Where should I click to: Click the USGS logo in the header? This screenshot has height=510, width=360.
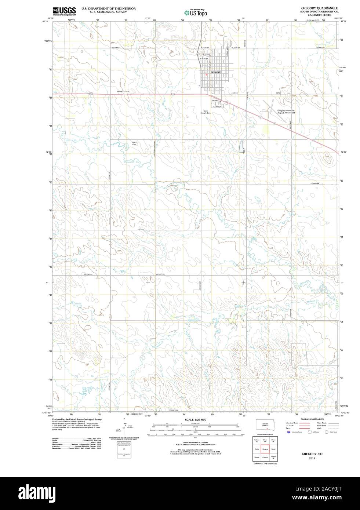click(64, 11)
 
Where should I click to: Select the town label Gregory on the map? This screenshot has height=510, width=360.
click(215, 72)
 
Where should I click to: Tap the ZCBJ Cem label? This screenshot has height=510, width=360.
click(134, 143)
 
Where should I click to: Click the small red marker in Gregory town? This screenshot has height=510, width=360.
click(207, 74)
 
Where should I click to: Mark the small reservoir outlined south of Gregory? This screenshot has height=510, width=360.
click(242, 147)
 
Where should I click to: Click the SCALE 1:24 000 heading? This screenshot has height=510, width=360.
click(196, 419)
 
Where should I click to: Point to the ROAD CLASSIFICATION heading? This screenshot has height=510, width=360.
click(312, 419)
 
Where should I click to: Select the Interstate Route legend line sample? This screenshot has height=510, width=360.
click(304, 423)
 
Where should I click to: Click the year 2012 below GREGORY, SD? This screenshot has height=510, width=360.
click(312, 458)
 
